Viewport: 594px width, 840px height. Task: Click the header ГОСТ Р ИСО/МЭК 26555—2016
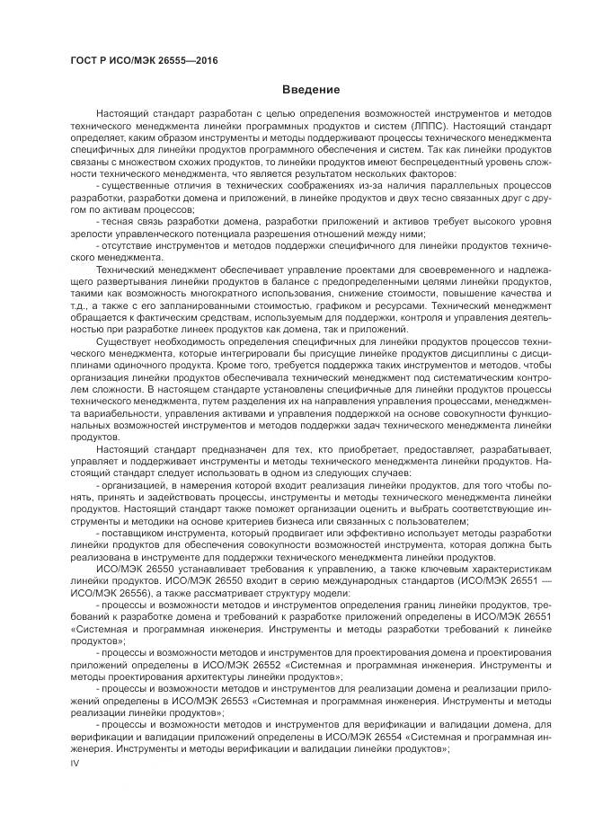pyautogui.click(x=144, y=60)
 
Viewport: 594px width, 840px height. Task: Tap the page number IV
pyautogui.click(x=75, y=763)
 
